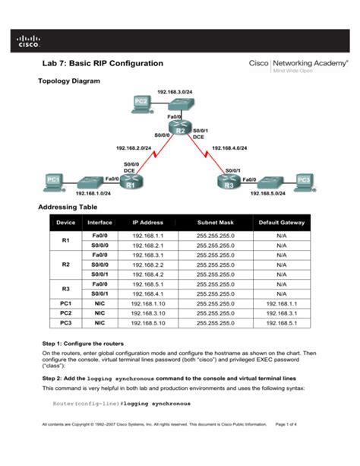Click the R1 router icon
click(130, 182)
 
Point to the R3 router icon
click(229, 182)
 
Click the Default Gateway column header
click(281, 223)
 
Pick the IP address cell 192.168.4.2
click(147, 274)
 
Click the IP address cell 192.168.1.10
click(147, 303)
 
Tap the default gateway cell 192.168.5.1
click(281, 322)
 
